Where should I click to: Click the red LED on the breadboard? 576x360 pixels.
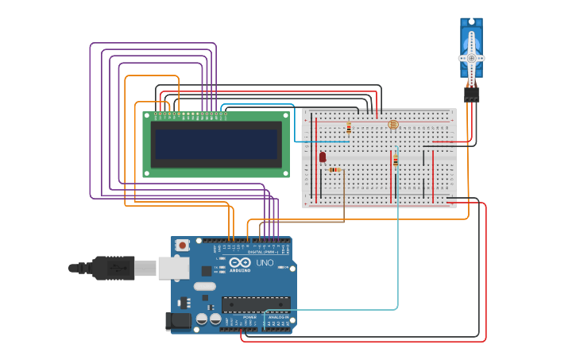point(323,157)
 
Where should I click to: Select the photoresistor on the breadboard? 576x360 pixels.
point(392,125)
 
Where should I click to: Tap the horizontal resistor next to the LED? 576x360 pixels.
point(334,169)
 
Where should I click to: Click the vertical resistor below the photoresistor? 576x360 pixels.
point(395,161)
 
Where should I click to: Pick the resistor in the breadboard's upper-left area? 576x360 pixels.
point(348,127)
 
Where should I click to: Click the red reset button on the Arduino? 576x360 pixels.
point(183,246)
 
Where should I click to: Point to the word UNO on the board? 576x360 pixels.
point(265,262)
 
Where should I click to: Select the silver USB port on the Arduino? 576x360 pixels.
point(173,268)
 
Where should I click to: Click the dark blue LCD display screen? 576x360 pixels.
point(216,144)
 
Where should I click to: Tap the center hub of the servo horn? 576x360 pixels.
point(471,58)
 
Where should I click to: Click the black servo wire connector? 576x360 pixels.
point(472,95)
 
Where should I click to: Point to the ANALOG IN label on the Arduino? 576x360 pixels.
point(278,317)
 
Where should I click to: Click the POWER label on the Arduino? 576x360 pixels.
point(249,317)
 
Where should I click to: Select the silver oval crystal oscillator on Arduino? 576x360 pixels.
point(204,286)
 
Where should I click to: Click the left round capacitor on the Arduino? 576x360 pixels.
point(202,319)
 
